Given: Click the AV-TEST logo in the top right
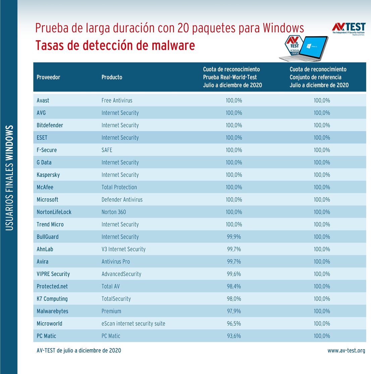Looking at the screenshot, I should (349, 28).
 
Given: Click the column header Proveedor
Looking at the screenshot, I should (48, 77).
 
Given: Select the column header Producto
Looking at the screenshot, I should (112, 77).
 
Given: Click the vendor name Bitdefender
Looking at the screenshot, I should (50, 125).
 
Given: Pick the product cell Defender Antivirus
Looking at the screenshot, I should (122, 200).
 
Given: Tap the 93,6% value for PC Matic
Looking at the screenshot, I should (234, 336).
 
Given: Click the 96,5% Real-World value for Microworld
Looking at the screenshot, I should (234, 324).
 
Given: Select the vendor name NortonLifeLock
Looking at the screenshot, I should (54, 212).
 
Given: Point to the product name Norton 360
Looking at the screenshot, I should (114, 212).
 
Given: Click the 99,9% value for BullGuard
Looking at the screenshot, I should (234, 237).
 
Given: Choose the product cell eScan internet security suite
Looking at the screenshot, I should (133, 324).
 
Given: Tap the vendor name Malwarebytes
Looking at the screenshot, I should (52, 311).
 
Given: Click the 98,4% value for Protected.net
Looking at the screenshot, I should (234, 287).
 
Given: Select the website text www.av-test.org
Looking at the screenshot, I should (346, 351).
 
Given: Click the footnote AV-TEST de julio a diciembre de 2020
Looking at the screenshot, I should (79, 351).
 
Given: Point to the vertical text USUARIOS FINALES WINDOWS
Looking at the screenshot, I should (9, 178).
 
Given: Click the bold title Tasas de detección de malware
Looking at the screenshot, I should (115, 45).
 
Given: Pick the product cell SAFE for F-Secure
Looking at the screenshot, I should (107, 150).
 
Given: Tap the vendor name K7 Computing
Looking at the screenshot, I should (52, 299).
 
